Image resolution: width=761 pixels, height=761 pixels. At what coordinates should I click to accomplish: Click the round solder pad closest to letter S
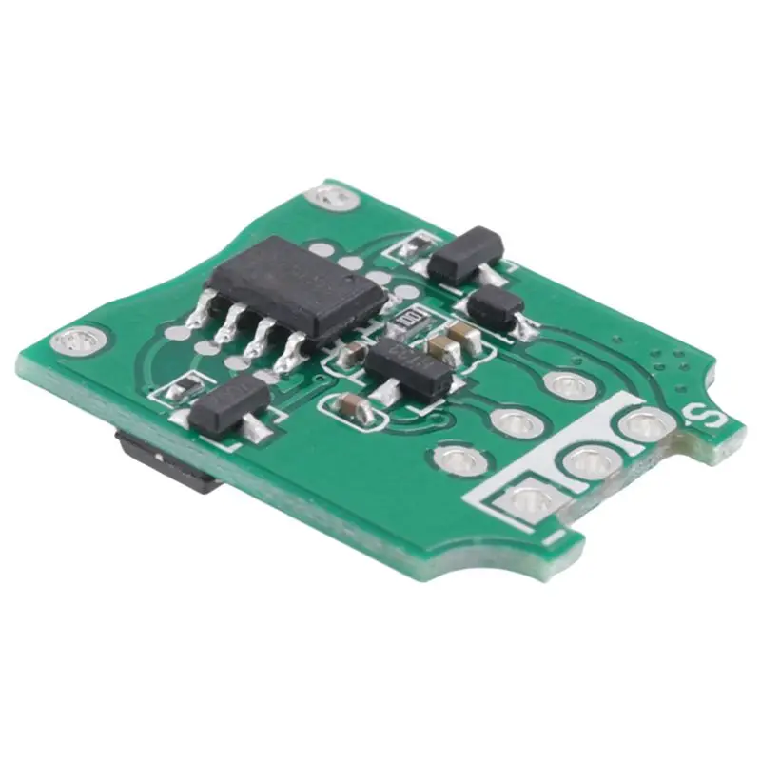tap(642, 425)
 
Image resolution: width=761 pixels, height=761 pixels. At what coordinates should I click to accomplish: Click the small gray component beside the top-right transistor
tap(416, 245)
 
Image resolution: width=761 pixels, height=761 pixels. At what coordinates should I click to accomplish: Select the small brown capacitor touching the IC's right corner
tap(351, 355)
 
